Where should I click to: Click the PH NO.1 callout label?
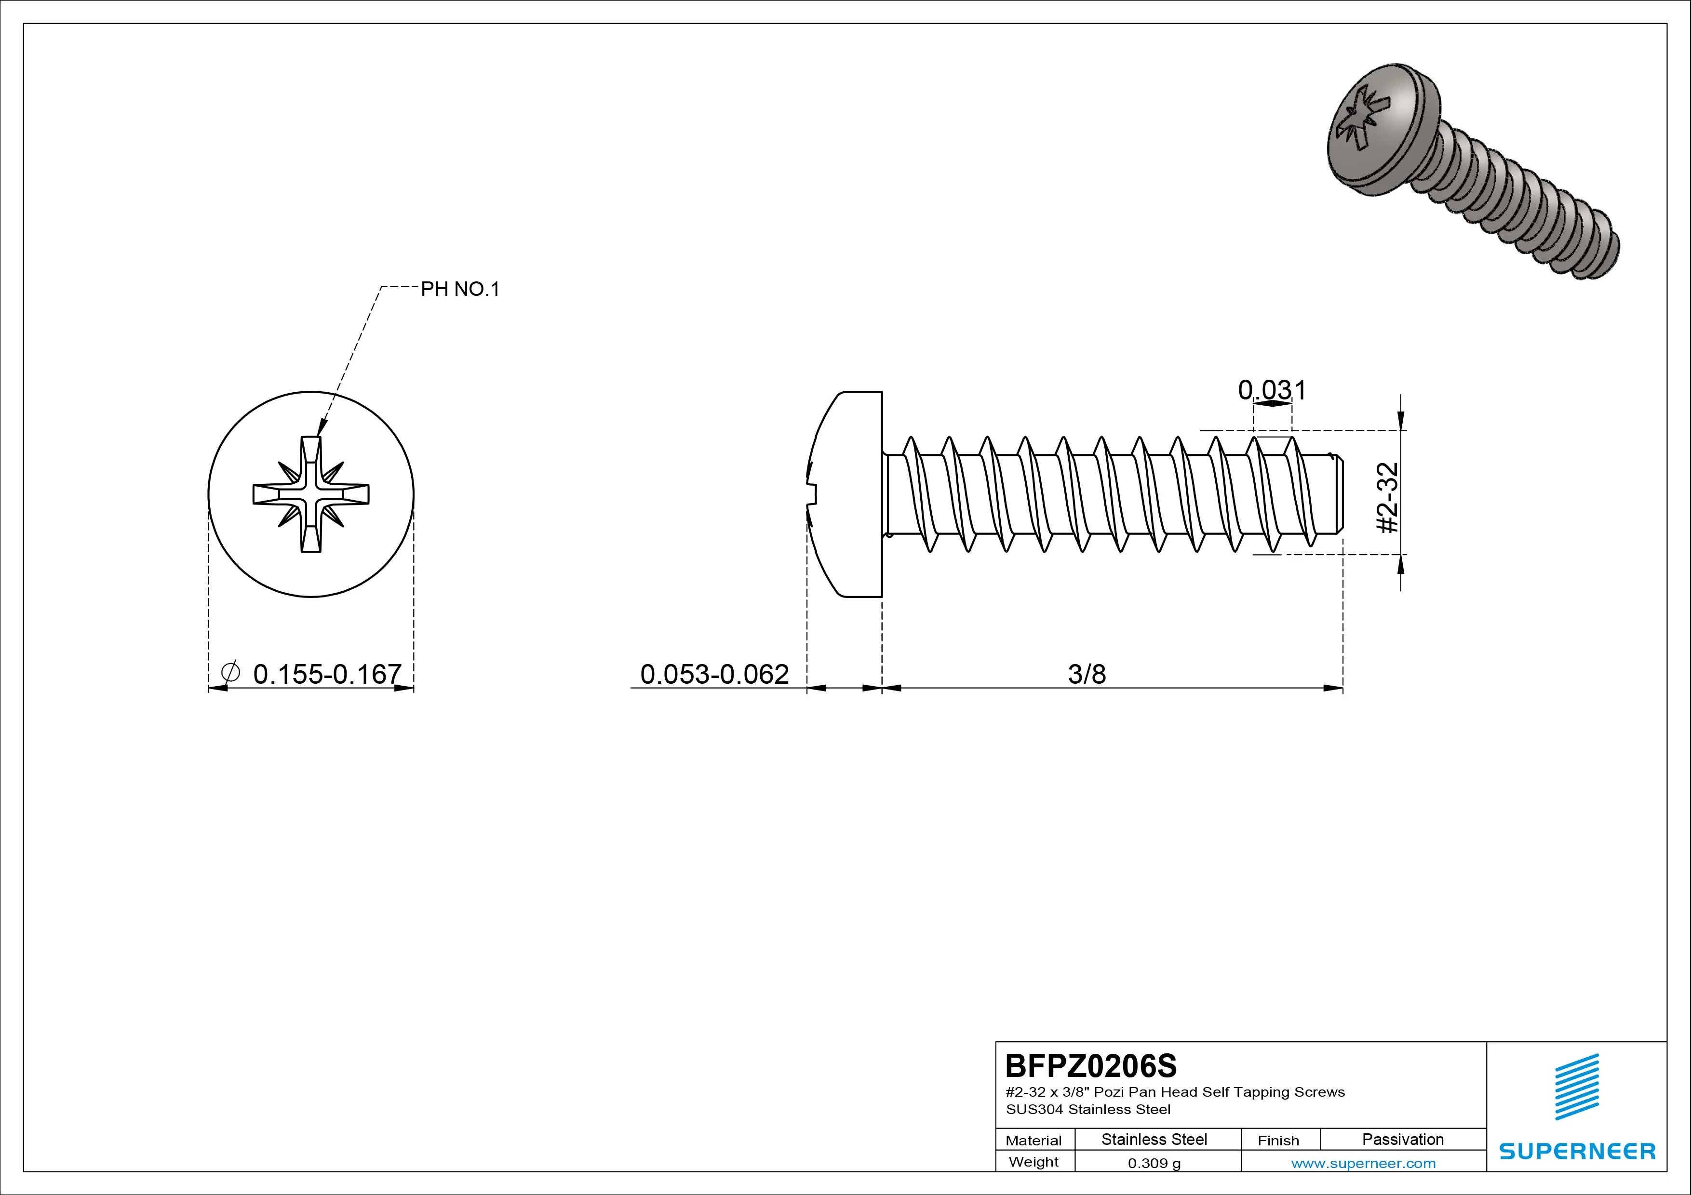(x=459, y=290)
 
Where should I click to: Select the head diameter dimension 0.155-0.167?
(x=327, y=674)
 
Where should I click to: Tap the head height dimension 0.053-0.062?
(x=714, y=674)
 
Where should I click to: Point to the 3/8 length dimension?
(x=1087, y=674)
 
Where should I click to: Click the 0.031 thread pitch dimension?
(x=1272, y=389)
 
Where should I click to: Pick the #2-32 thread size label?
(x=1388, y=498)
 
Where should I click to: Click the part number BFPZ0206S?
(x=1091, y=1065)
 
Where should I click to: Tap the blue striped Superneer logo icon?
(x=1577, y=1087)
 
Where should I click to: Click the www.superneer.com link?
(x=1363, y=1163)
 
